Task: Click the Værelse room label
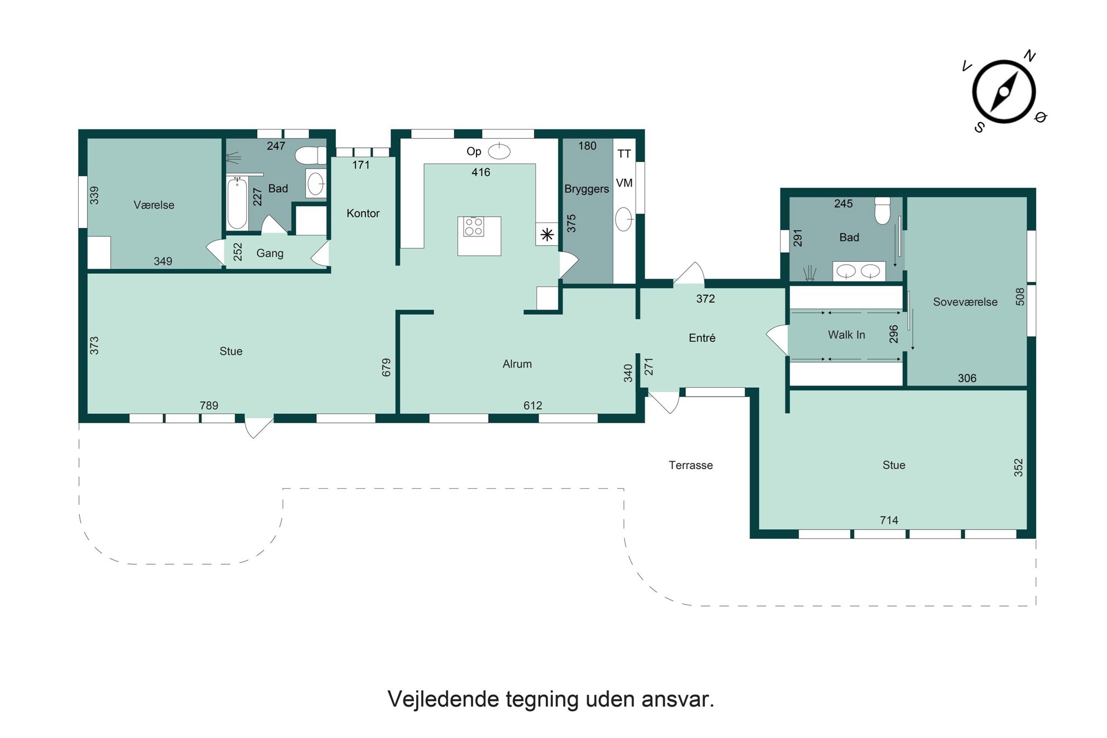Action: click(x=154, y=205)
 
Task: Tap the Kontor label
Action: click(x=363, y=214)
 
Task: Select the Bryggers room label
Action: click(x=586, y=189)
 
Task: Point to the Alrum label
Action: click(x=517, y=364)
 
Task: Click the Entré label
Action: click(x=702, y=338)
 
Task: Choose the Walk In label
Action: click(x=846, y=335)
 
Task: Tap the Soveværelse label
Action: click(x=965, y=302)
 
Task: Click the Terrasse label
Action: click(x=691, y=465)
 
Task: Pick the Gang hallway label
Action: click(x=270, y=254)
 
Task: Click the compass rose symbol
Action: click(x=1004, y=92)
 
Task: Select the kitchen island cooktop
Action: click(x=474, y=227)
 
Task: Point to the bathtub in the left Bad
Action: click(x=237, y=203)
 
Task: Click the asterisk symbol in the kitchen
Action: click(x=547, y=235)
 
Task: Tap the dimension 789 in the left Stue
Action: click(x=209, y=406)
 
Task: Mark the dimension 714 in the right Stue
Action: click(x=889, y=520)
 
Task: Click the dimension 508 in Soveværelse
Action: click(x=1020, y=296)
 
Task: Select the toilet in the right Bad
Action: click(x=882, y=210)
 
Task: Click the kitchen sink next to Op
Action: click(x=499, y=151)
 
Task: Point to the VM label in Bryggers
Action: click(x=624, y=183)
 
